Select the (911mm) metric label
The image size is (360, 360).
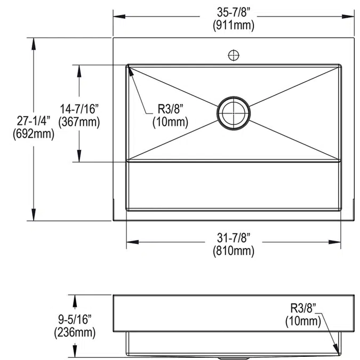[234, 25]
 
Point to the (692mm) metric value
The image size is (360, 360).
[33, 134]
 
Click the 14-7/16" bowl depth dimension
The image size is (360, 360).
[79, 109]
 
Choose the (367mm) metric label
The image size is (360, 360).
[79, 122]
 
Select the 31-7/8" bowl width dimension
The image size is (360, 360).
[234, 237]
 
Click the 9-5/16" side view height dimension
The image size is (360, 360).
[75, 321]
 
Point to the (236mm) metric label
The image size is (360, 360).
[75, 333]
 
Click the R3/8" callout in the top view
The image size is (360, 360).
[170, 109]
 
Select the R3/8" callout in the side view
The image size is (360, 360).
[303, 308]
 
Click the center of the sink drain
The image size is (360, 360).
[233, 113]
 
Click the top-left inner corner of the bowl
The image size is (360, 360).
[128, 66]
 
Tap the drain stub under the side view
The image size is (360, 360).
[233, 357]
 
